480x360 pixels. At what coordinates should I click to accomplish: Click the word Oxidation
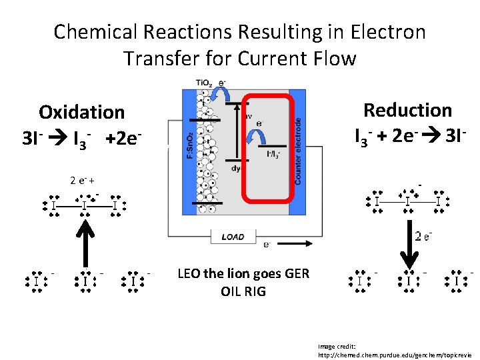point(81,112)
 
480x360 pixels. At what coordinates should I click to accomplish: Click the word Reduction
point(407,110)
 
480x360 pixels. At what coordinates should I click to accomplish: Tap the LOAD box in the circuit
point(233,237)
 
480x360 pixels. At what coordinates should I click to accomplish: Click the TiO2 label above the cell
point(205,83)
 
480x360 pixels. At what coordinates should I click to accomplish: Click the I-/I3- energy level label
point(273,154)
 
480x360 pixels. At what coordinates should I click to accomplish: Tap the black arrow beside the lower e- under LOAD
point(294,244)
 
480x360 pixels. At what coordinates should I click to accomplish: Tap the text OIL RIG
point(243,291)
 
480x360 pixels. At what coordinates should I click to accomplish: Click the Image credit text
point(337,346)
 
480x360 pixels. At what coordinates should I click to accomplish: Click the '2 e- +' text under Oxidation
point(82,180)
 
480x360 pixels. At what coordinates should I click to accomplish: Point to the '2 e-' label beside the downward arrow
point(425,236)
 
